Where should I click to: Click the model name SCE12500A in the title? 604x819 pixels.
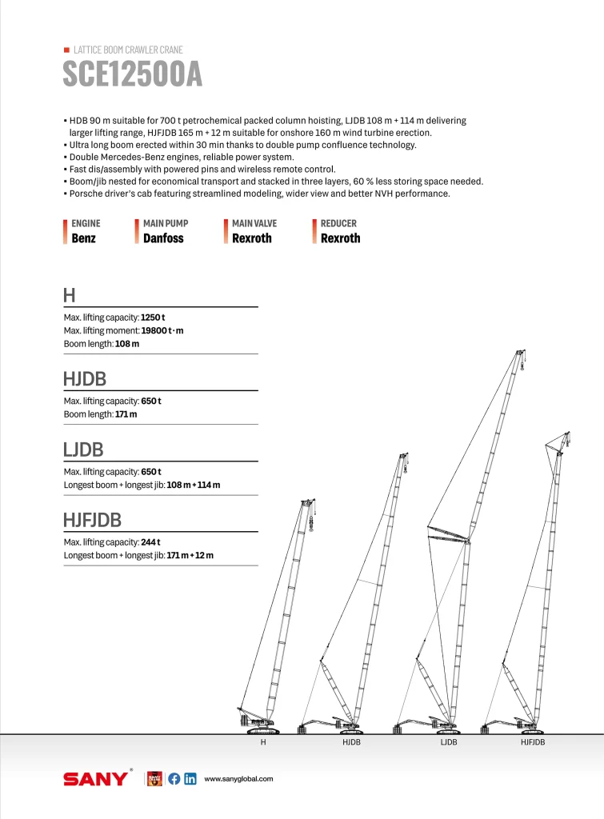pos(132,74)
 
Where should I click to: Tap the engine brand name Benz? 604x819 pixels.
pos(83,238)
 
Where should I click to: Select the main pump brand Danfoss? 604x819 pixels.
pos(163,238)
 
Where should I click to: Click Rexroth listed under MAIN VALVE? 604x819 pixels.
pos(251,238)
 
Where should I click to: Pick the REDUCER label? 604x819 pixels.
pos(338,224)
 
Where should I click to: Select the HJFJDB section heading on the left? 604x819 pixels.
pos(92,521)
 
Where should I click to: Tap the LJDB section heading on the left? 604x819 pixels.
pos(83,449)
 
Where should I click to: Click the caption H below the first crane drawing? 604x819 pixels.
pos(263,743)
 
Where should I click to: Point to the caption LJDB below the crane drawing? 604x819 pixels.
pos(449,743)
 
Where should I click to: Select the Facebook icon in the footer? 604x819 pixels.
pos(174,779)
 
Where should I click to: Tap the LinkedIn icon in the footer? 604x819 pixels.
pos(190,779)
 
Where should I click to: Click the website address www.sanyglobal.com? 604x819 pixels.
pos(239,779)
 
